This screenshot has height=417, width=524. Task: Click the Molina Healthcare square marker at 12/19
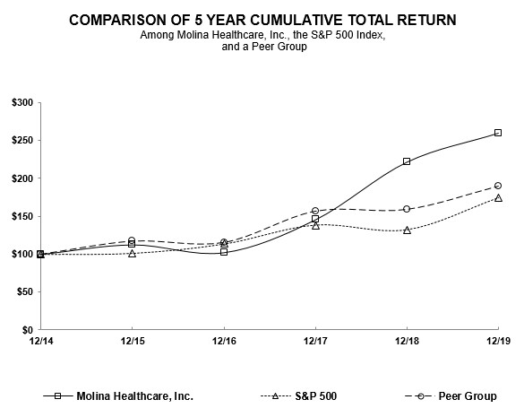498,133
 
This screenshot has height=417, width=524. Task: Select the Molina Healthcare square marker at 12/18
407,161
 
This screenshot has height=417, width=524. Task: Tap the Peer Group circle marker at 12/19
498,186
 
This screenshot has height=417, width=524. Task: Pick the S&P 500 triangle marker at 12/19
498,197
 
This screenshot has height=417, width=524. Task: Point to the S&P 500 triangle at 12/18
407,230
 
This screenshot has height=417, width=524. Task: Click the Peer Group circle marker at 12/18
407,209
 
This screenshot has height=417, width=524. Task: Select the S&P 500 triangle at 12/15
133,253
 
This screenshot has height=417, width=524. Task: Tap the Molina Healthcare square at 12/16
224,252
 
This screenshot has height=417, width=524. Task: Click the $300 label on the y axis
23,103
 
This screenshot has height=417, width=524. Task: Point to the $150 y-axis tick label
23,216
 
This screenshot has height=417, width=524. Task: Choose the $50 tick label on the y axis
26,292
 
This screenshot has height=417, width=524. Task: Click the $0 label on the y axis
29,330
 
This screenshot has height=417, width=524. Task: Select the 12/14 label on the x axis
40,342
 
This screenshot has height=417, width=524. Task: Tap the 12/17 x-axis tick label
315,342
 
